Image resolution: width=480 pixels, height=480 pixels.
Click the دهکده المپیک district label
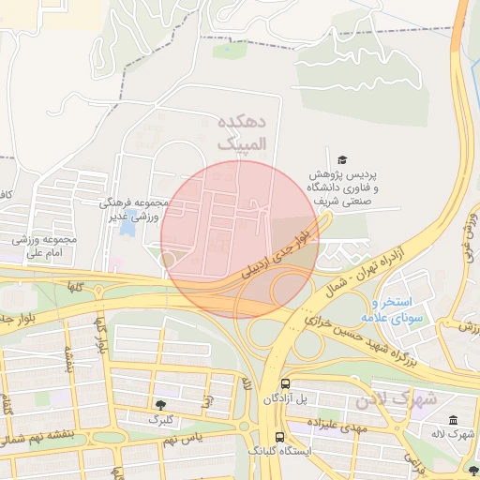242,133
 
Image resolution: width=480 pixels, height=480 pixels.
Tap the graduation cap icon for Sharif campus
342,160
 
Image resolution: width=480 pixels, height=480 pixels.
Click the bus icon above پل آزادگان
285,383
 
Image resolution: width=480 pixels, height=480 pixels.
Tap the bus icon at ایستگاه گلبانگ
279,437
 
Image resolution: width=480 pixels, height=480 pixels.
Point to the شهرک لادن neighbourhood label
396,399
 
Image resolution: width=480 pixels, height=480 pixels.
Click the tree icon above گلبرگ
160,404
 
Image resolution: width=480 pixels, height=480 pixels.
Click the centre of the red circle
240,239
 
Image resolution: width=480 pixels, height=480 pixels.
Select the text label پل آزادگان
285,399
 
